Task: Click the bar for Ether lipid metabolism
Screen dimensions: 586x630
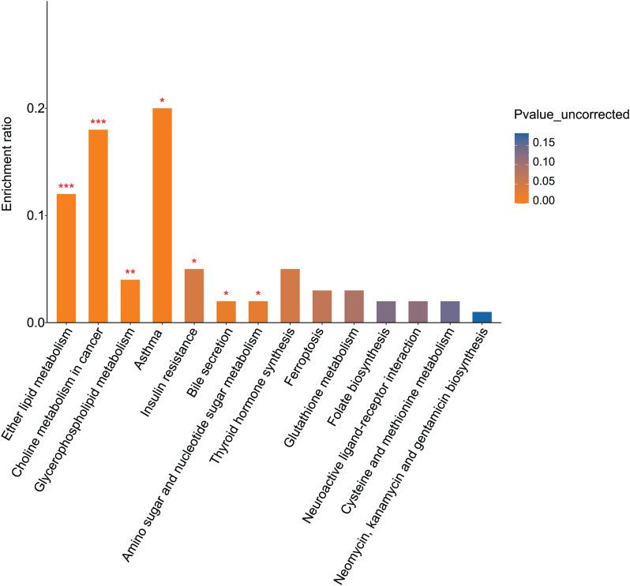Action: pyautogui.click(x=66, y=258)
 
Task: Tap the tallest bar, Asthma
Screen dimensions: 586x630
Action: pyautogui.click(x=162, y=215)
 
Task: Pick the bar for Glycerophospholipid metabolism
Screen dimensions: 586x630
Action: pyautogui.click(x=129, y=301)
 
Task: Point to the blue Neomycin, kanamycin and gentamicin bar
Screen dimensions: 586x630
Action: pyautogui.click(x=482, y=317)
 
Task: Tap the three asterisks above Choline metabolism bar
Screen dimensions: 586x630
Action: pyautogui.click(x=98, y=122)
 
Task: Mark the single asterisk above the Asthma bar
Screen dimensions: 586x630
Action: pyautogui.click(x=162, y=101)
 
